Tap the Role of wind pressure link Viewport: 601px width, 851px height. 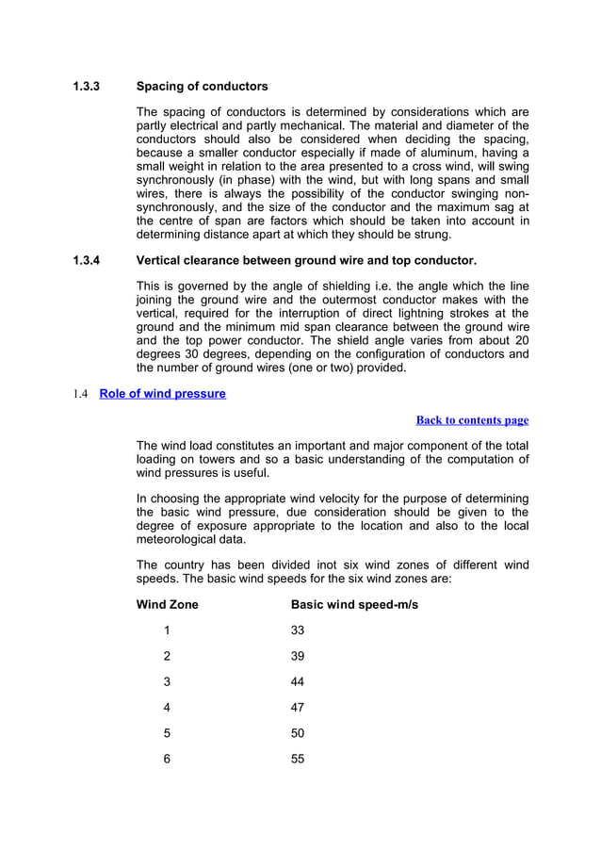pyautogui.click(x=162, y=393)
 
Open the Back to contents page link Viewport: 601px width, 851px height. pyautogui.click(x=472, y=420)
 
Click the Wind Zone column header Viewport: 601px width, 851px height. pyautogui.click(x=168, y=604)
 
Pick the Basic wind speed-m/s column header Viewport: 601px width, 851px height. pyautogui.click(x=354, y=604)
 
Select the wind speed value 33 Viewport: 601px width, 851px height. pyautogui.click(x=299, y=630)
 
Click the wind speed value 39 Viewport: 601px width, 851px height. pyautogui.click(x=299, y=656)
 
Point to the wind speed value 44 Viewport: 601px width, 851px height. pyautogui.click(x=299, y=681)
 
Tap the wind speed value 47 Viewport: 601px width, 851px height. pyautogui.click(x=299, y=707)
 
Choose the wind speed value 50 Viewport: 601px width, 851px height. pyautogui.click(x=299, y=732)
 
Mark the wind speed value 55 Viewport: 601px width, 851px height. pyautogui.click(x=299, y=759)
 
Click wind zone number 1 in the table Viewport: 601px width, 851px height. pyautogui.click(x=167, y=630)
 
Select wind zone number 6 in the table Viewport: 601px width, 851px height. pyautogui.click(x=167, y=759)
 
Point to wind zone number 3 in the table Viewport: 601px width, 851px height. pyautogui.click(x=167, y=681)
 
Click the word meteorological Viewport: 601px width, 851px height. pyautogui.click(x=183, y=540)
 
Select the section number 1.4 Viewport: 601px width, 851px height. pyautogui.click(x=81, y=393)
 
